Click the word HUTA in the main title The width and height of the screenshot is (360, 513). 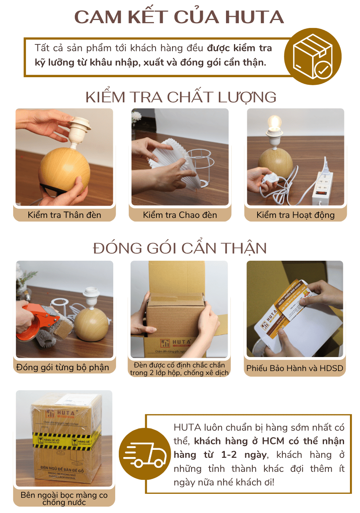tap(254, 17)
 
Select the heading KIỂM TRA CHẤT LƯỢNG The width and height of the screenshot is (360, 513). tap(181, 97)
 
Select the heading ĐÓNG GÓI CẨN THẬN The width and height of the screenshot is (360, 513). tap(180, 248)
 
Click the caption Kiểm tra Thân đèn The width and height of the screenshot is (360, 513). tap(64, 215)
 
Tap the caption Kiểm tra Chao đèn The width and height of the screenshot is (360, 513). tap(180, 215)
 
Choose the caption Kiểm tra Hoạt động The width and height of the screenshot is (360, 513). tap(296, 215)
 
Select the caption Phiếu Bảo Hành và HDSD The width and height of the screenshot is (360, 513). tap(295, 368)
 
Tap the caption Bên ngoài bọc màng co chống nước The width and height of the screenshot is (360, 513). tap(64, 498)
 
